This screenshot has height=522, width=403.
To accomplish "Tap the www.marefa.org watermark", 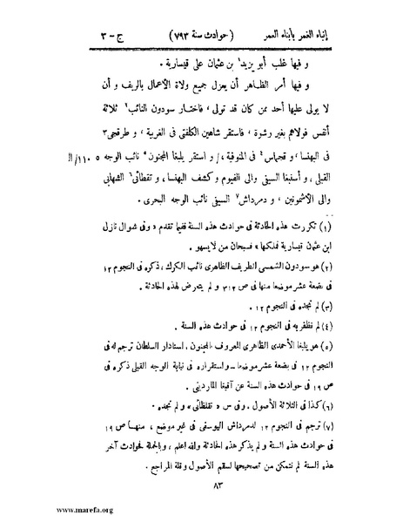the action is [35, 512].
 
